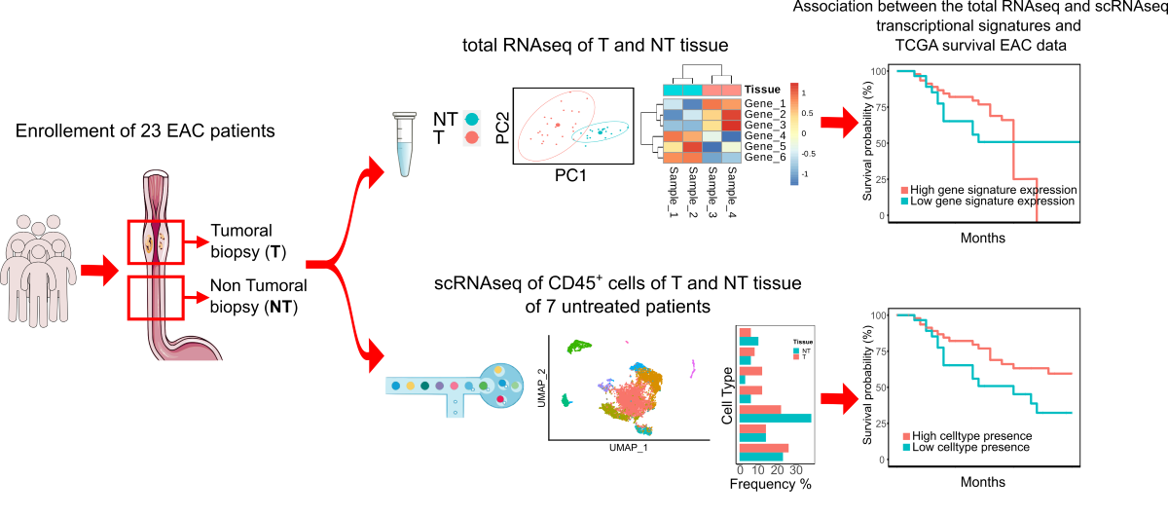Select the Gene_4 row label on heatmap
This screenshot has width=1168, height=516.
coord(764,136)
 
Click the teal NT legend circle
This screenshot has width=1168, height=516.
coord(472,118)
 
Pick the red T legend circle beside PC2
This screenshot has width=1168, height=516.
coord(472,137)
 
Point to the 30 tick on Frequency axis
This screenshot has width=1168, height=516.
coord(795,468)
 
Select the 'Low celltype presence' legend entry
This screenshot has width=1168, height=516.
coord(967,448)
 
